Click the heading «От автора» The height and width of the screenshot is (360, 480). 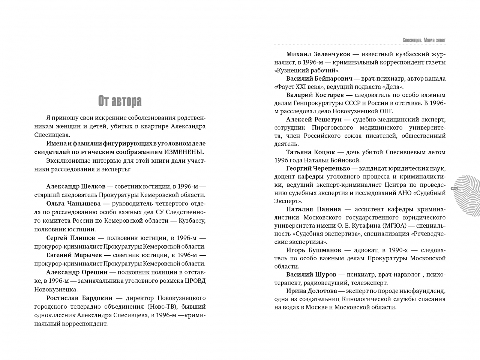pos(120,101)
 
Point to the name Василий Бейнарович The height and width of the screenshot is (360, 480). pos(319,79)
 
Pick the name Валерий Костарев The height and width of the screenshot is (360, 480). pos(315,95)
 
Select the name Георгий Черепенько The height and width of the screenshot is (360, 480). pos(318,168)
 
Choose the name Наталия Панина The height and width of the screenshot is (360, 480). pos(313,209)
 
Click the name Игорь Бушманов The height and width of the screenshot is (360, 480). pos(313,250)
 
